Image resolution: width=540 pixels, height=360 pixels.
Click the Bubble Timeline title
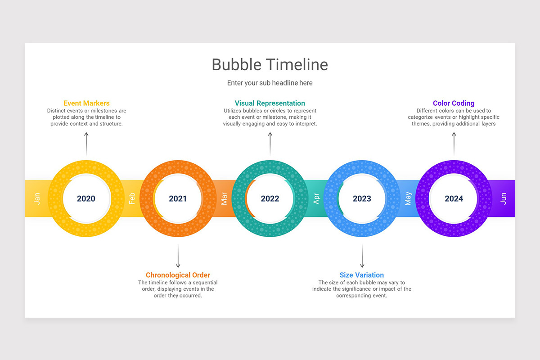[x=270, y=64]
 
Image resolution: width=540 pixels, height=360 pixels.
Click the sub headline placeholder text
[x=270, y=83]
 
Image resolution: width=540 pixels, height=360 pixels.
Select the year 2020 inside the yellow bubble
[x=86, y=198]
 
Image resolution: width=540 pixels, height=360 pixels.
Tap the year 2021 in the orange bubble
[x=178, y=198]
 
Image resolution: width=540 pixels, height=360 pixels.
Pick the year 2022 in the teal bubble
[x=270, y=198]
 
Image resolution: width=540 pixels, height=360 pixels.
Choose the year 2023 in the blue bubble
[x=362, y=198]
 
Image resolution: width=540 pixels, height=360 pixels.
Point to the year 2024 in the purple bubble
[x=454, y=198]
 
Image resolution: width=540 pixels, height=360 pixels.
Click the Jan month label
[x=37, y=198]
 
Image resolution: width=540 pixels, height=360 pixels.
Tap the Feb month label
[x=132, y=198]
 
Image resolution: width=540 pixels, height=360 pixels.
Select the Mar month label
[x=224, y=198]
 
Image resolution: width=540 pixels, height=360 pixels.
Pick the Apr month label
[x=316, y=198]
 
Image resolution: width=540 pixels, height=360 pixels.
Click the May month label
[x=408, y=198]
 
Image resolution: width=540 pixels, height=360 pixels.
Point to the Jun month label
[x=503, y=198]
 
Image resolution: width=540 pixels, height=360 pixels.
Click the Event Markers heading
[x=86, y=103]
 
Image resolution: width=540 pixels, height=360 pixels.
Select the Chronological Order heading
[x=178, y=275]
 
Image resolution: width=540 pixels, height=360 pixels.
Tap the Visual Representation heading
[x=270, y=103]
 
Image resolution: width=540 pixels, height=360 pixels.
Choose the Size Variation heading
[x=362, y=275]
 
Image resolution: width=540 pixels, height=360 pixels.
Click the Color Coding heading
[x=454, y=103]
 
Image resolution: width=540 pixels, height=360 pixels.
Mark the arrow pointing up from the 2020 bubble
[x=86, y=144]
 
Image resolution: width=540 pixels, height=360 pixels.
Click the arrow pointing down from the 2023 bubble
[x=362, y=256]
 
